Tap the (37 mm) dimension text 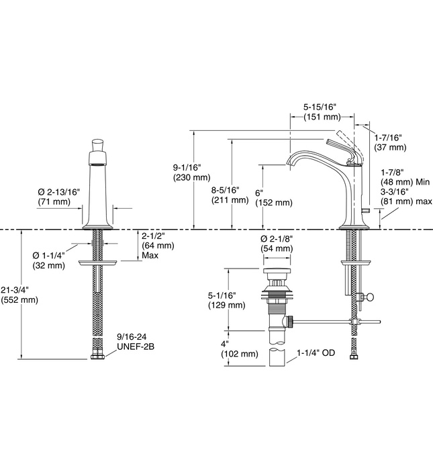[x=390, y=147]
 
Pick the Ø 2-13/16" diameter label [x=59, y=191]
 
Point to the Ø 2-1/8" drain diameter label [x=277, y=238]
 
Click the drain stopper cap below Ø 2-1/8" [x=277, y=271]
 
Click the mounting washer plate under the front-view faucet [x=98, y=262]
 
